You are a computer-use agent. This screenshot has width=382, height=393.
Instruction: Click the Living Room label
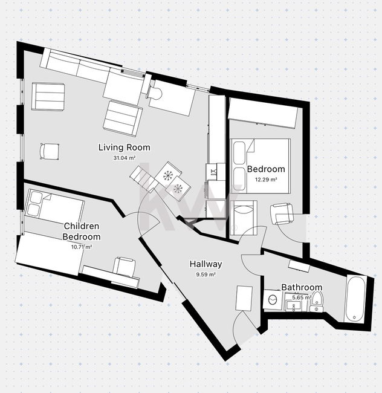pos(125,148)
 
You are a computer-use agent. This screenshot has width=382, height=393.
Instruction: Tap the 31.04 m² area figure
pos(125,158)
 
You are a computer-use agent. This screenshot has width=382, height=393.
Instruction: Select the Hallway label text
pos(206,264)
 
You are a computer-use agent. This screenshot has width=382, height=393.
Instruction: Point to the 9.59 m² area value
pos(206,274)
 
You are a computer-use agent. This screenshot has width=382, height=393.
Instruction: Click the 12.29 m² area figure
pos(266,180)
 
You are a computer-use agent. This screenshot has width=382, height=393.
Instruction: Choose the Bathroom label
pos(302,287)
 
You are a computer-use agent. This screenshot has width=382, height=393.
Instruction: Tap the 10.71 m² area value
pos(82,247)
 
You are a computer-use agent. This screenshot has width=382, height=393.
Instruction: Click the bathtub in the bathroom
pos(356,299)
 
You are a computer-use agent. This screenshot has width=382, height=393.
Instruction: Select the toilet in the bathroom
pos(317,302)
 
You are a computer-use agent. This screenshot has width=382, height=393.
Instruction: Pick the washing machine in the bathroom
pos(273,299)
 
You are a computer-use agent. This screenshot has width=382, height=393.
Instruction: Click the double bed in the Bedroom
pos(261,166)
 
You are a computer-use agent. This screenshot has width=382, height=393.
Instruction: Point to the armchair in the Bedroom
pos(282,214)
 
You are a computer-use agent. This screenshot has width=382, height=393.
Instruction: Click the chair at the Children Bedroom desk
pos(125,267)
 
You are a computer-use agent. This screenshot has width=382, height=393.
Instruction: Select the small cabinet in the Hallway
pos(244,298)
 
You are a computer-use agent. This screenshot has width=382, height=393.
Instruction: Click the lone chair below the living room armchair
pos(50,151)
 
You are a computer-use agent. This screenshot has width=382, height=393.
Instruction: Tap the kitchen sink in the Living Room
pos(213,172)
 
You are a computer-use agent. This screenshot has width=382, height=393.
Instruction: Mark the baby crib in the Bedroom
pos(243,218)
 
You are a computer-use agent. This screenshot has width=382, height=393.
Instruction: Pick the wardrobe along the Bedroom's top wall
pos(263,113)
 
